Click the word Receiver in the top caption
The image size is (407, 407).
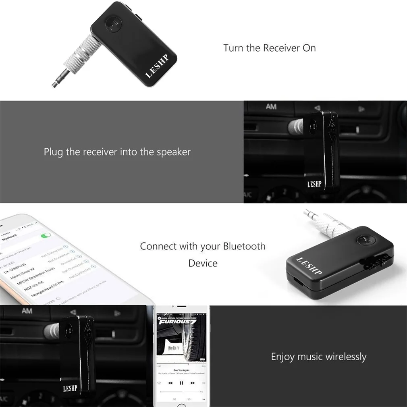tap(281, 48)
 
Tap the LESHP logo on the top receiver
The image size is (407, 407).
tap(156, 68)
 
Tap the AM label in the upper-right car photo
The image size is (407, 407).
tap(271, 107)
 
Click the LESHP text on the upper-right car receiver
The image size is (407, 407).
tap(314, 184)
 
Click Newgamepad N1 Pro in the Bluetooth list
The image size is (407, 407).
tap(44, 291)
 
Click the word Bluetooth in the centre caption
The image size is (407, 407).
tap(244, 246)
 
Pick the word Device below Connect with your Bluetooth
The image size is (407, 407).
tap(203, 264)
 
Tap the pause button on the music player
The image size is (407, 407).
tap(181, 383)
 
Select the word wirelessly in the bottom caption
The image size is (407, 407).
tap(346, 357)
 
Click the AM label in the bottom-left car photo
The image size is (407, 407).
tap(27, 311)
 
